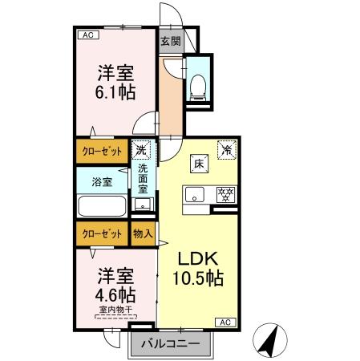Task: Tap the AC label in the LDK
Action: tap(225, 322)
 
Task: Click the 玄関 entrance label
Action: tap(170, 42)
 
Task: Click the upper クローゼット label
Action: tap(101, 151)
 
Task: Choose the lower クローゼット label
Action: tap(101, 234)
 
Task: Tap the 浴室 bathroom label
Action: tap(102, 180)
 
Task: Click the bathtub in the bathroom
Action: tap(102, 206)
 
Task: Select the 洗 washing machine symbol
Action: tap(142, 150)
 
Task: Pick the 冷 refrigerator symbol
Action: tap(227, 149)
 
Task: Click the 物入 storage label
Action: tap(142, 234)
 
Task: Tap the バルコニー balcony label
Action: tap(171, 345)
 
